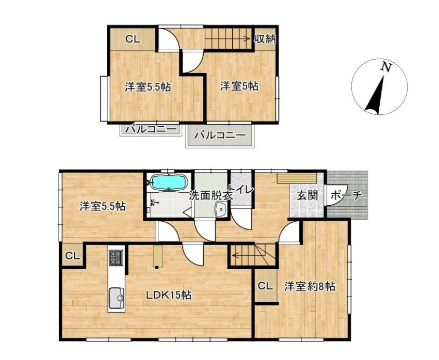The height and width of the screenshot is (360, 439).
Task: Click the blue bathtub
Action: point(168,182)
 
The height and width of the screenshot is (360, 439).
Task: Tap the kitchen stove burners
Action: point(116,258)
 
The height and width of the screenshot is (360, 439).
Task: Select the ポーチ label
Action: point(347,195)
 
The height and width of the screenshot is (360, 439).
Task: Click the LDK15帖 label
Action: point(169,295)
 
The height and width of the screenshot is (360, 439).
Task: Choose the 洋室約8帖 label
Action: point(310,287)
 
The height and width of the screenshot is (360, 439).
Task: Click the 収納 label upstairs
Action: point(265,39)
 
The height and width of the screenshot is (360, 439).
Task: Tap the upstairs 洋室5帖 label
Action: point(239,86)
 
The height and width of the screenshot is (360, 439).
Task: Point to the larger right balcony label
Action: point(220,136)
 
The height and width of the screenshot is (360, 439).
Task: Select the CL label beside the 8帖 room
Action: point(265,286)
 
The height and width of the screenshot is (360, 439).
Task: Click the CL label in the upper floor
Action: point(132,39)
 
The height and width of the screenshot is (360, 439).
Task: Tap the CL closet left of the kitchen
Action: point(73,256)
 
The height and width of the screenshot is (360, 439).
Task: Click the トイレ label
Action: point(242,190)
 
